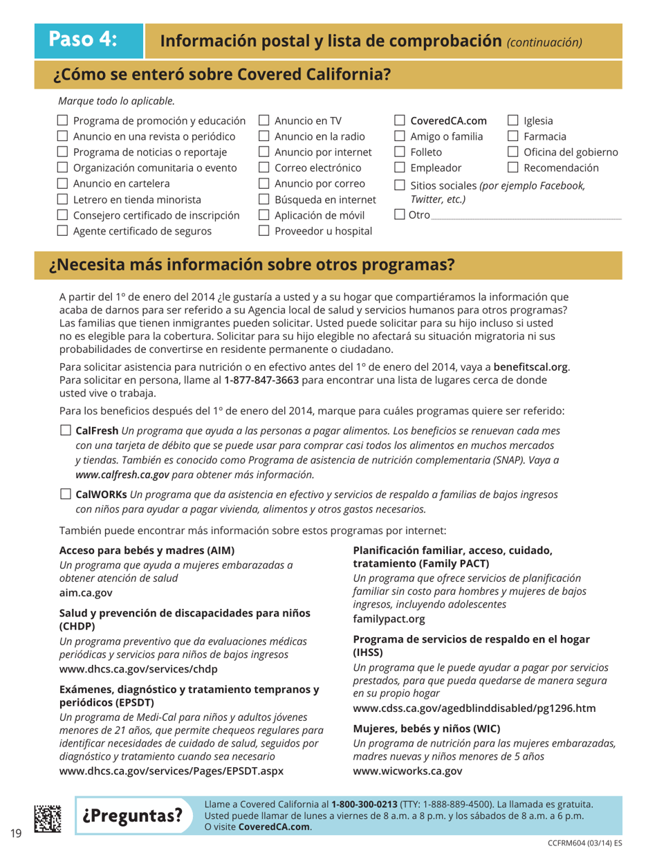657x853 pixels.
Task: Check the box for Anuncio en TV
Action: pos(263,122)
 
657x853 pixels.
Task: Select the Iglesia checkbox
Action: pos(513,122)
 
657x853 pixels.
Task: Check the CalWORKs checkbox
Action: pos(66,495)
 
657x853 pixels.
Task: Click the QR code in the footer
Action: pos(47,816)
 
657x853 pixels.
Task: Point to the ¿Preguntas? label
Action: pos(133,815)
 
